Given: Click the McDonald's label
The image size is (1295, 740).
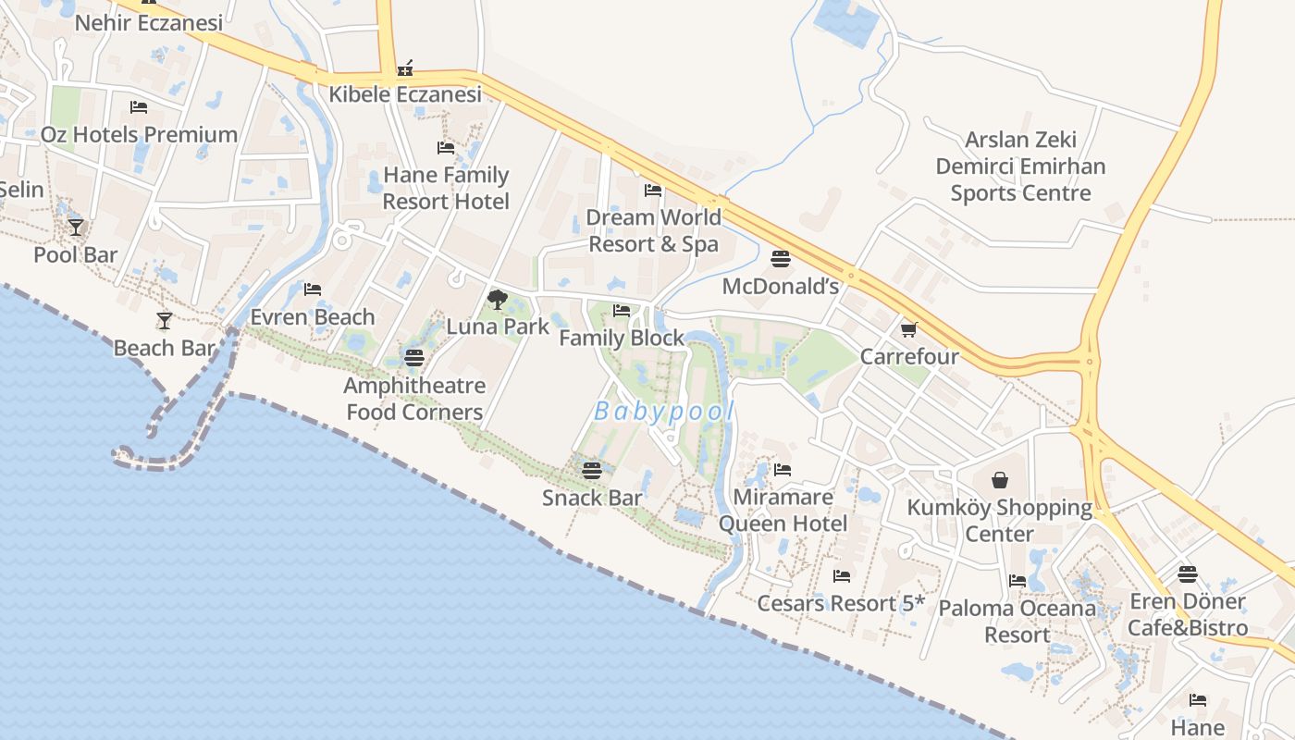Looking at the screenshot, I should click(x=780, y=286).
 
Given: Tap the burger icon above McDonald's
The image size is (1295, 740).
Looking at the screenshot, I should click(x=781, y=259).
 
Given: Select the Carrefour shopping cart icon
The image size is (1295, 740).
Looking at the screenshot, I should click(x=908, y=329).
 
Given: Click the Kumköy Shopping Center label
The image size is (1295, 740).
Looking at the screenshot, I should click(x=999, y=521).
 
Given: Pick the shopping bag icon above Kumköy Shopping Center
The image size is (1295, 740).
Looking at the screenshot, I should click(x=999, y=480).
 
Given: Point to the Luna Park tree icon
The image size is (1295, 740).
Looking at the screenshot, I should click(x=497, y=299).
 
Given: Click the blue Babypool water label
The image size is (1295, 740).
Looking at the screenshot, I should click(x=663, y=412).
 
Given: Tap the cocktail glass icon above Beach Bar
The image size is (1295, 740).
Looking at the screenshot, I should click(x=165, y=321).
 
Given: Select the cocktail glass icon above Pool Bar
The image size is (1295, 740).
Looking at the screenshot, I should click(x=76, y=227).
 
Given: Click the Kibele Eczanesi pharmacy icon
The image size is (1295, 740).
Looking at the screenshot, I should click(x=404, y=68).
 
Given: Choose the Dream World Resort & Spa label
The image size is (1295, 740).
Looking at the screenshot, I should click(x=653, y=230).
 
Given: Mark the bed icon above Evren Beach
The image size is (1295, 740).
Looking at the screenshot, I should click(x=312, y=290).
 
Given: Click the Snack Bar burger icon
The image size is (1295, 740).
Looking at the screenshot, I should click(x=592, y=471).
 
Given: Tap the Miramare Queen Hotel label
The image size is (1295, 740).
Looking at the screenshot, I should click(x=783, y=510).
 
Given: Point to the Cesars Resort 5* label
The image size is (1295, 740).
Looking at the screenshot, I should click(x=841, y=603).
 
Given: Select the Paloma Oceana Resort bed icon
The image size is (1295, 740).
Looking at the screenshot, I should click(x=1017, y=581).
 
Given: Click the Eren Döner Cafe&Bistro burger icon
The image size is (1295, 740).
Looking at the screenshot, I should click(x=1188, y=574).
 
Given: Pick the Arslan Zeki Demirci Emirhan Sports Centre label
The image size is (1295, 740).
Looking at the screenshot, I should click(x=1020, y=166).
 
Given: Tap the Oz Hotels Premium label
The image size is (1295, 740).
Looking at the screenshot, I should click(x=139, y=134).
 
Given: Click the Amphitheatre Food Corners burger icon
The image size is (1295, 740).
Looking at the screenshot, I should click(x=414, y=358).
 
